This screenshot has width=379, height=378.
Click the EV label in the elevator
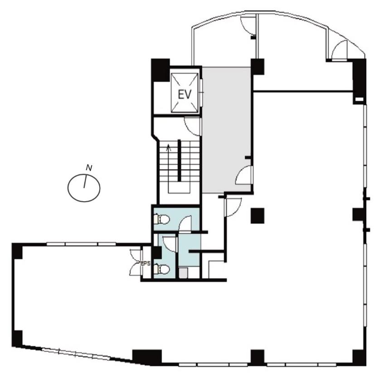(185, 94)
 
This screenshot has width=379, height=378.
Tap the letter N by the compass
(89, 168)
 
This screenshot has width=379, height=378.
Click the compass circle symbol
(84, 188)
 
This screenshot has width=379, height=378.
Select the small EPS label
(146, 263)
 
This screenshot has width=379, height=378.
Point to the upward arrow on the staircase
(169, 147)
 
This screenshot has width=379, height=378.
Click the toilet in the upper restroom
(162, 219)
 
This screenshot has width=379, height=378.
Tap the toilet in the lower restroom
(162, 269)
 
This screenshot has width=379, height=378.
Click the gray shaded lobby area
(226, 130)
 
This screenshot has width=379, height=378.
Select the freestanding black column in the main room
(258, 215)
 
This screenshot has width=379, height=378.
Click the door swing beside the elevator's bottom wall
(192, 126)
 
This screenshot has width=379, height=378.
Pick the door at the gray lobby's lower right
(243, 175)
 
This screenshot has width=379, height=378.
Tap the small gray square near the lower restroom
(183, 273)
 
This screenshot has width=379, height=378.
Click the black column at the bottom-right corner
(360, 358)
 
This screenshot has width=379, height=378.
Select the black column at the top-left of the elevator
(160, 70)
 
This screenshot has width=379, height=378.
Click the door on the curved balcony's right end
(340, 50)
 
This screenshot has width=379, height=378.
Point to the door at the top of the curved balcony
(248, 26)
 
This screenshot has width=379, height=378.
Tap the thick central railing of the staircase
(180, 160)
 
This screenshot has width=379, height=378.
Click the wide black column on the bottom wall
(147, 357)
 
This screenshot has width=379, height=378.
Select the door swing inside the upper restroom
(185, 224)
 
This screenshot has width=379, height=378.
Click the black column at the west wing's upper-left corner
(17, 251)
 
